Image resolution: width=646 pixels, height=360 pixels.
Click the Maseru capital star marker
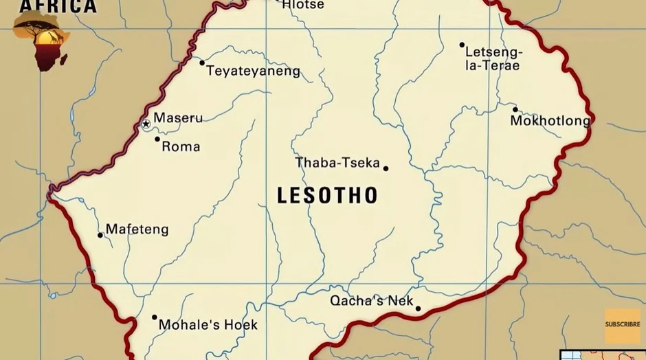pyautogui.click(x=146, y=124)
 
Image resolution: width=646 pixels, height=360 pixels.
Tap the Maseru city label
pyautogui.click(x=178, y=118)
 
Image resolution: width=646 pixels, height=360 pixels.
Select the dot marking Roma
pyautogui.click(x=157, y=139)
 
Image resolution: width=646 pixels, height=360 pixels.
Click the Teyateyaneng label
pyautogui.click(x=254, y=71)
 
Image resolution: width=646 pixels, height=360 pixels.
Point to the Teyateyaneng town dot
pyautogui.click(x=202, y=63)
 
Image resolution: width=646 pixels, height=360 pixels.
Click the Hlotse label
pyautogui.click(x=303, y=5)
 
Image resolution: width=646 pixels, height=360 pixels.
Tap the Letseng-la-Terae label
pyautogui.click(x=493, y=58)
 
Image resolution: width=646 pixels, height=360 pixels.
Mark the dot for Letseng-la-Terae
pyautogui.click(x=463, y=45)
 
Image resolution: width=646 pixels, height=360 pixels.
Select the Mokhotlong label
pyautogui.click(x=550, y=122)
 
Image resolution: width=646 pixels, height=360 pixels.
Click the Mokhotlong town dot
pyautogui.click(x=515, y=109)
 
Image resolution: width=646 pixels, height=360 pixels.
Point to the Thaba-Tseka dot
pyautogui.click(x=386, y=168)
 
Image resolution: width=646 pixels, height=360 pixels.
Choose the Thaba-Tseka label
pyautogui.click(x=337, y=163)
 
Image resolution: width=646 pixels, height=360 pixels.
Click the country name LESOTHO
pyautogui.click(x=327, y=196)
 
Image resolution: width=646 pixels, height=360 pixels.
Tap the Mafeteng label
pyautogui.click(x=137, y=229)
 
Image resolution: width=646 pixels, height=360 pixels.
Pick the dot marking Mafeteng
pyautogui.click(x=100, y=235)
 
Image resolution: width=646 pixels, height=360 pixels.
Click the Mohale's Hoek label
pyautogui.click(x=208, y=324)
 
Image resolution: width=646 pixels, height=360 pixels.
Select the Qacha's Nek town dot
pyautogui.click(x=418, y=308)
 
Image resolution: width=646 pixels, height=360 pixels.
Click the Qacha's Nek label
pyautogui.click(x=371, y=301)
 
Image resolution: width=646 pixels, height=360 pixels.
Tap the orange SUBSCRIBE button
pyautogui.click(x=622, y=325)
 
